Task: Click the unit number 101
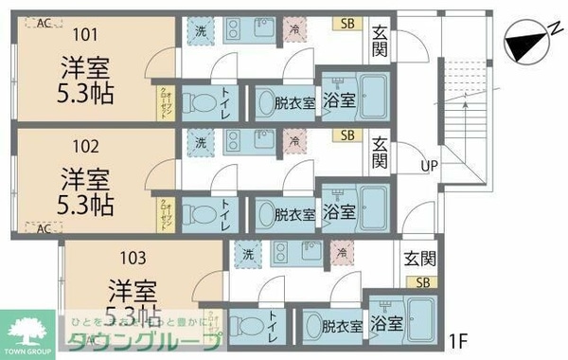tap(83, 37)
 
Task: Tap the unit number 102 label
tap(83, 147)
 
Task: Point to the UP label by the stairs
tap(429, 166)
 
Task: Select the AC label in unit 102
tap(44, 228)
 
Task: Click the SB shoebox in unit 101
tap(347, 24)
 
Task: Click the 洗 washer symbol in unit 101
tap(200, 31)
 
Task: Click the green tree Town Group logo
tap(29, 331)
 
